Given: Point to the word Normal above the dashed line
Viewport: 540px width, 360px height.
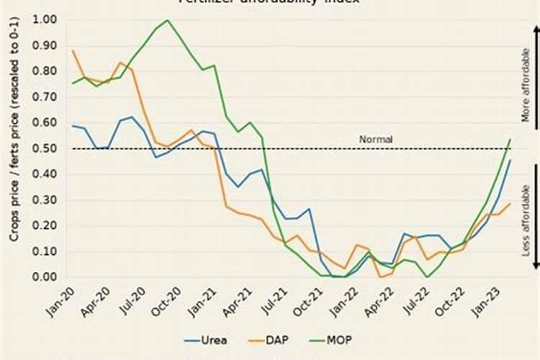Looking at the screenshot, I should [376, 139].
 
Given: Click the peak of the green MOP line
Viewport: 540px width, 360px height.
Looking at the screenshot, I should [167, 20].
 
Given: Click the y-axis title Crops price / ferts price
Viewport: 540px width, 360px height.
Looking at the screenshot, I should [14, 148].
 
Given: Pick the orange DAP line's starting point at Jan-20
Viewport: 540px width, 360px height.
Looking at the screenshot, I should [73, 50].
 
